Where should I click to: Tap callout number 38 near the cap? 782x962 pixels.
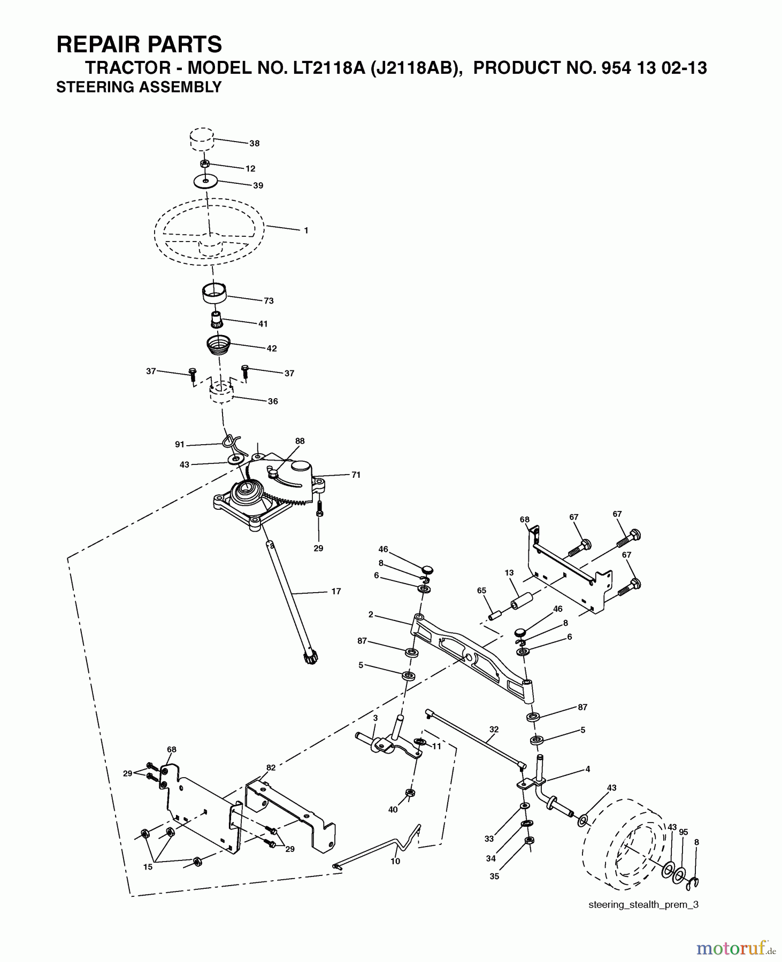pyautogui.click(x=255, y=143)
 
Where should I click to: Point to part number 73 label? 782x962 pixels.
pyautogui.click(x=269, y=301)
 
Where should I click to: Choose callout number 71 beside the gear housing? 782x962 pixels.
pyautogui.click(x=356, y=475)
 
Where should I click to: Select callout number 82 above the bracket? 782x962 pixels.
pyautogui.click(x=271, y=767)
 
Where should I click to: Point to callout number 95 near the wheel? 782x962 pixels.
pyautogui.click(x=683, y=832)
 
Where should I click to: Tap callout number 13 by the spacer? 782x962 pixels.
pyautogui.click(x=509, y=572)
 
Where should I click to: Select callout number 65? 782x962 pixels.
pyautogui.click(x=481, y=591)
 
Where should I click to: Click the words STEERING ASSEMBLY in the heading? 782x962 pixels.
pyautogui.click(x=139, y=87)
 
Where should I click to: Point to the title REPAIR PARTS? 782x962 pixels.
pyautogui.click(x=139, y=44)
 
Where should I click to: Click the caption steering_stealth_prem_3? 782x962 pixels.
pyautogui.click(x=643, y=905)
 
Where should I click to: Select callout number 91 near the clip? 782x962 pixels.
pyautogui.click(x=180, y=444)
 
